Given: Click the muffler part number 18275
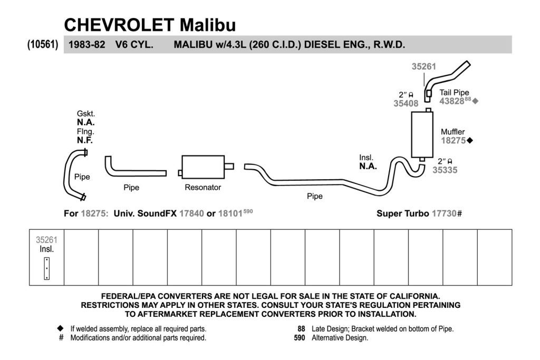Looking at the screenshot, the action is pyautogui.click(x=453, y=140).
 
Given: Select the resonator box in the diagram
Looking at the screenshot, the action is pyautogui.click(x=203, y=167).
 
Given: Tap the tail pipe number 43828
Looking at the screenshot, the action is pyautogui.click(x=451, y=101).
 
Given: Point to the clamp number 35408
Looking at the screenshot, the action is pyautogui.click(x=406, y=104).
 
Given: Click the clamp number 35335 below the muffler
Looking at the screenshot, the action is pyautogui.click(x=445, y=170).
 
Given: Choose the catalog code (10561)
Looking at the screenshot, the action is pyautogui.click(x=43, y=44).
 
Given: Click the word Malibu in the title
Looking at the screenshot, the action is pyautogui.click(x=208, y=25).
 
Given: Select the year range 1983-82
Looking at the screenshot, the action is pyautogui.click(x=87, y=45).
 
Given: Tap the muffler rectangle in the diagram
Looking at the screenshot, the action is pyautogui.click(x=422, y=134).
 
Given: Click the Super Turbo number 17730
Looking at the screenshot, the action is pyautogui.click(x=444, y=213).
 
